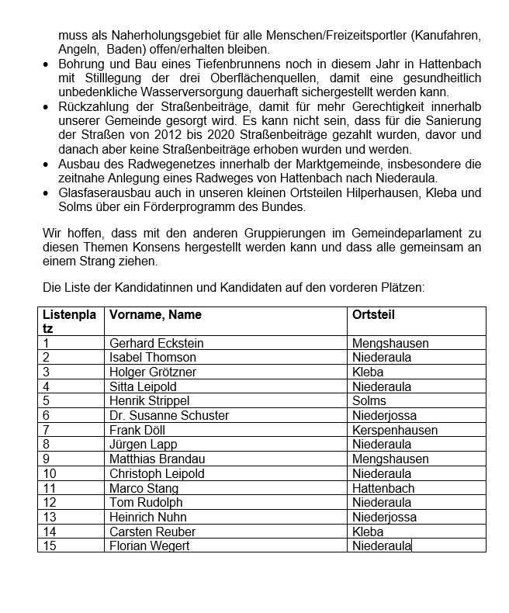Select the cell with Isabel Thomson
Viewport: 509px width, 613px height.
pyautogui.click(x=153, y=358)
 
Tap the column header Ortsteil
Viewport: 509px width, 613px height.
pyautogui.click(x=373, y=314)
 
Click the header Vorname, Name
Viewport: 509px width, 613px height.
pyautogui.click(x=155, y=314)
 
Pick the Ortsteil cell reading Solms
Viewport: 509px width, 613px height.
pyautogui.click(x=369, y=401)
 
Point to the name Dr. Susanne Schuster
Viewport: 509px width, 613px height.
pyautogui.click(x=169, y=416)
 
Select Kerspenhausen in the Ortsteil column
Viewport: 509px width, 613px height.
pyautogui.click(x=394, y=430)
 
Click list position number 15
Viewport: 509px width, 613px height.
pyautogui.click(x=50, y=546)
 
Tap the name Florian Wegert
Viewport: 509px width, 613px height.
pyautogui.click(x=150, y=546)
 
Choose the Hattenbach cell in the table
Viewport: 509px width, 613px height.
pyautogui.click(x=383, y=488)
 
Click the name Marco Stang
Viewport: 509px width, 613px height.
pyautogui.click(x=144, y=488)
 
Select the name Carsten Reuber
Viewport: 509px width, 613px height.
pyautogui.click(x=152, y=532)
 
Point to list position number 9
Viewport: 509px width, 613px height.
pyautogui.click(x=47, y=459)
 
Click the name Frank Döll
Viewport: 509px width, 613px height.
pyautogui.click(x=137, y=430)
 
